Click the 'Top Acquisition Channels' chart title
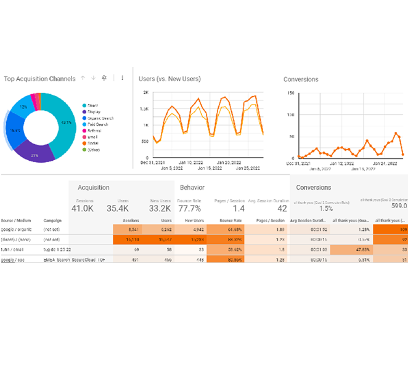[39, 79]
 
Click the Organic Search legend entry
[100, 118]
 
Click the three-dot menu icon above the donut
[123, 78]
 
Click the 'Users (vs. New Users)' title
[169, 79]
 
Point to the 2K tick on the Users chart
[145, 92]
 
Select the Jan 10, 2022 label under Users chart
[190, 163]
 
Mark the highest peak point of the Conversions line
[396, 133]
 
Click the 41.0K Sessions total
[84, 208]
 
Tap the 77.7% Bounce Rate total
[189, 208]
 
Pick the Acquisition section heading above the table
[94, 187]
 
